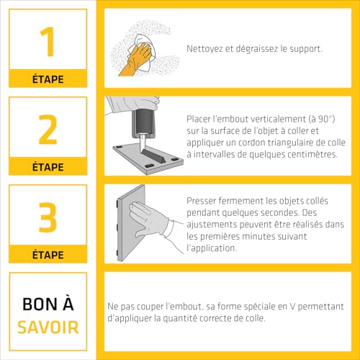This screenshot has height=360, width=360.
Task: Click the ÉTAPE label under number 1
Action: [48, 80]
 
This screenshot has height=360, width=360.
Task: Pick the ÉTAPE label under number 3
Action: [48, 255]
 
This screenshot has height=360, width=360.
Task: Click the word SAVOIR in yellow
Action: [48, 328]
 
